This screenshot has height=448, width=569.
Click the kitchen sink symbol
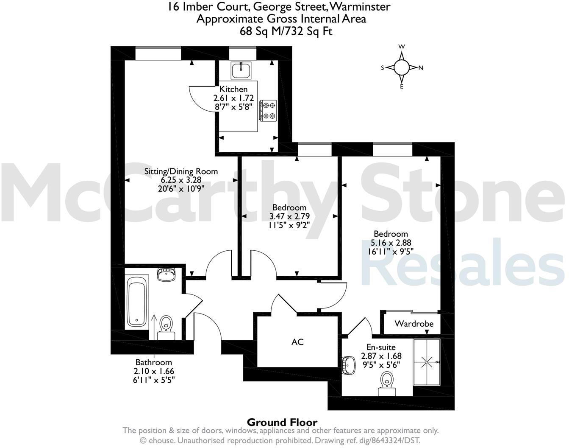(x=241, y=70)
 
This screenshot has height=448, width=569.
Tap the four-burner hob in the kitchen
(x=268, y=110)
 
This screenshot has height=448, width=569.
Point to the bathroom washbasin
(x=167, y=274)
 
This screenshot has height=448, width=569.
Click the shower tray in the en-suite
(x=427, y=362)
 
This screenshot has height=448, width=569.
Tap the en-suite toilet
(x=387, y=382)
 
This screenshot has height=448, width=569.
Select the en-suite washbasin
(x=349, y=364)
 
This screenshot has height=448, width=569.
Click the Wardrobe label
(x=414, y=324)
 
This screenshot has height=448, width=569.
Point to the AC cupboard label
(x=297, y=342)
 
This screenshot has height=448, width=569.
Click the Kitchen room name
(x=233, y=89)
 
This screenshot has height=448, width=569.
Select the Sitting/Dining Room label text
(x=181, y=171)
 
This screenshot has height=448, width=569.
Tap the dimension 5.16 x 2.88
(x=391, y=243)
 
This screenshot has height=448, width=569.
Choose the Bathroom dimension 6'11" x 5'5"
(x=154, y=379)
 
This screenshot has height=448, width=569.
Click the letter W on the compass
(x=402, y=47)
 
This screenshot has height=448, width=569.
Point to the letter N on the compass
(x=421, y=68)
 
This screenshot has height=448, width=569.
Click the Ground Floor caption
(x=282, y=422)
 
